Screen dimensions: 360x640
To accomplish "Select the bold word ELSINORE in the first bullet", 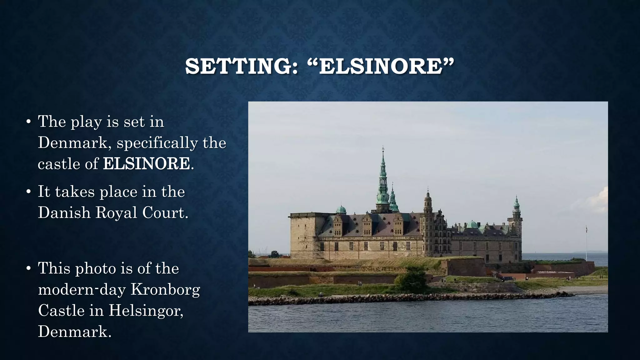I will (x=146, y=163).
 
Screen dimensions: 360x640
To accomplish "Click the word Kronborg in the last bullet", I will (x=165, y=289).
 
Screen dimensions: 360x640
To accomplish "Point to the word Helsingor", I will (x=146, y=310).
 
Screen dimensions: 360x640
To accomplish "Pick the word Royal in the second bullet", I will (x=116, y=212).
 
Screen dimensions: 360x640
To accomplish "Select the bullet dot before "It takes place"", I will (x=28, y=192).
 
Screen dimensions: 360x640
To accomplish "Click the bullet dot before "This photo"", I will (x=28, y=268).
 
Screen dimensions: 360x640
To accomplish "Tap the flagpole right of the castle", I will (x=586, y=244).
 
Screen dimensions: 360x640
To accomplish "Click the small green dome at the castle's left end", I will (x=341, y=209).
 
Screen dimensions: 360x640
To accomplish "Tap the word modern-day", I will (x=82, y=289).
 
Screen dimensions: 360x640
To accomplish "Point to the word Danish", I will (x=64, y=212).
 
